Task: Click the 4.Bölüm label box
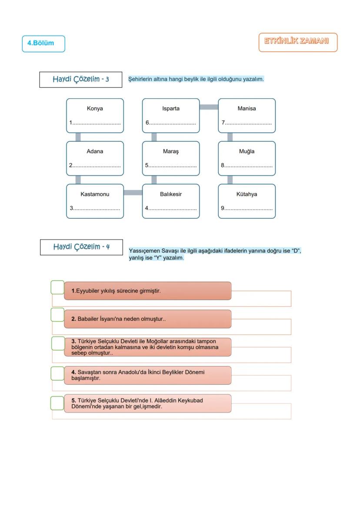pos(43,43)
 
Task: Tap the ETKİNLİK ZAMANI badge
pos(298,42)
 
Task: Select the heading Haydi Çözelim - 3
pos(81,80)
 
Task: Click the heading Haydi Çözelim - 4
pos(81,247)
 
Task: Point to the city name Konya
pos(95,109)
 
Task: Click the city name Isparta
pos(171,109)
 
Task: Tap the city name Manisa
pos(247,109)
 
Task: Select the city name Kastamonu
pos(95,194)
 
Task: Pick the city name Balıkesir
pos(171,194)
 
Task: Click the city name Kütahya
pos(247,194)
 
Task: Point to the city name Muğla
pos(247,152)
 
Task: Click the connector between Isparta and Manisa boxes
pos(209,107)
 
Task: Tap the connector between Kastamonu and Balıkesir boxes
pos(133,193)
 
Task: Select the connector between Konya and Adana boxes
pos(78,137)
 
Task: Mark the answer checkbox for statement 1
pos(57,287)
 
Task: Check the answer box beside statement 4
pos(57,373)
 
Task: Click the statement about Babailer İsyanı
pos(122,319)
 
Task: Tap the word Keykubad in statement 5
pos(191,400)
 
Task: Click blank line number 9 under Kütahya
pos(249,209)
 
